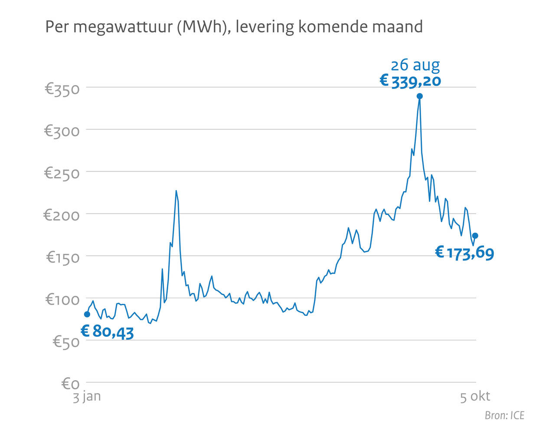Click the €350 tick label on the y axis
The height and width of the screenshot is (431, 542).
click(x=62, y=89)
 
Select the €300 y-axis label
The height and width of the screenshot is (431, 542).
click(x=62, y=131)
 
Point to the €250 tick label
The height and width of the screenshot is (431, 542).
click(x=62, y=174)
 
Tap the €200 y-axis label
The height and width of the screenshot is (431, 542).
click(x=62, y=215)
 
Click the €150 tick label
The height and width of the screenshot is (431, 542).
click(x=63, y=258)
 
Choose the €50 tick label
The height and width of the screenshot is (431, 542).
click(x=66, y=342)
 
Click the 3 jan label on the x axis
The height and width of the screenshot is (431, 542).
click(x=87, y=396)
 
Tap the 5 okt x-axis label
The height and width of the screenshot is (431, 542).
click(x=475, y=396)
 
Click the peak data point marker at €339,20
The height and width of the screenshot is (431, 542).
click(x=419, y=96)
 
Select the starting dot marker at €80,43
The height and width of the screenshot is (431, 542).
click(x=87, y=314)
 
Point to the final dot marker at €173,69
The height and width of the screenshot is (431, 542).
click(x=475, y=236)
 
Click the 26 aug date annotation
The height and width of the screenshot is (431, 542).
click(x=415, y=65)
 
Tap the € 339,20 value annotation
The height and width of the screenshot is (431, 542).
click(x=410, y=81)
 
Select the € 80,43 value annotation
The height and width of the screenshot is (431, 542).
click(x=107, y=332)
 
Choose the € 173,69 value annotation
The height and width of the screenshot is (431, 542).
click(x=464, y=252)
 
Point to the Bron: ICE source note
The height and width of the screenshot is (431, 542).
click(x=504, y=415)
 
